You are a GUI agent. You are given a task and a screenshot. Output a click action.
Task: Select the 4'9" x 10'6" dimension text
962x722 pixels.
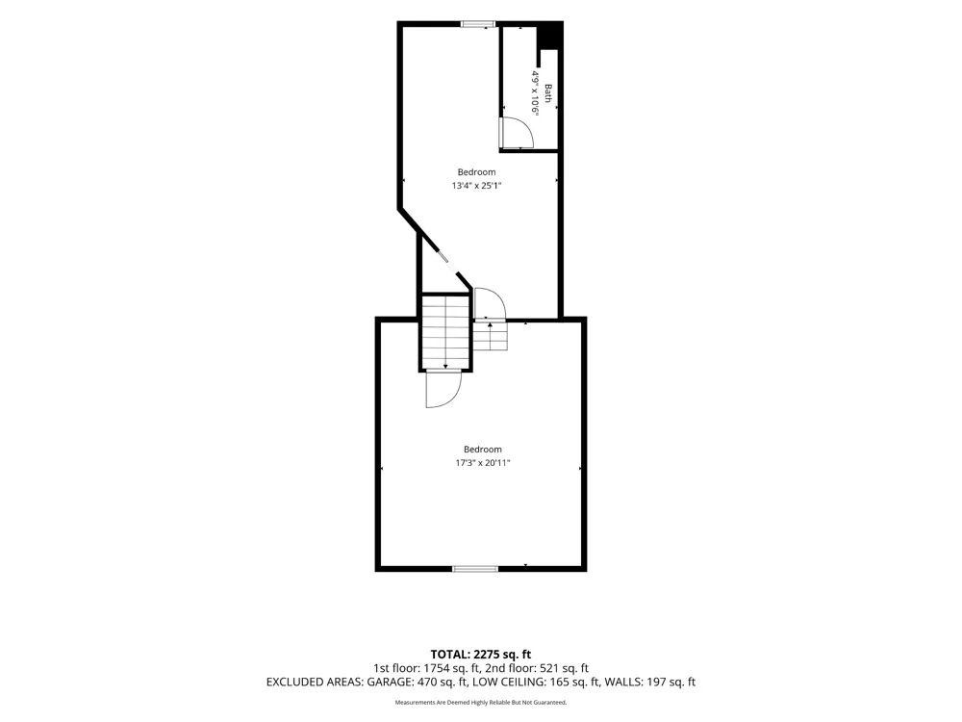click(536, 94)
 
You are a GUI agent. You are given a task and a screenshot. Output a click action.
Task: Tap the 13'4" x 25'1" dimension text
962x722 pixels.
click(477, 186)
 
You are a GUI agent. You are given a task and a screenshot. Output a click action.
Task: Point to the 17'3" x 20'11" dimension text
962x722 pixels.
click(482, 463)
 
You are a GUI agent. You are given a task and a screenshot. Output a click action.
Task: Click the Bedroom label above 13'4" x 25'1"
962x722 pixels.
click(477, 172)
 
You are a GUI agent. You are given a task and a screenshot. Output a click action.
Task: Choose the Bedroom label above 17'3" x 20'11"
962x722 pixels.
click(482, 450)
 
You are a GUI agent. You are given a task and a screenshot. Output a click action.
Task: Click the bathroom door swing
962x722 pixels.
click(517, 133)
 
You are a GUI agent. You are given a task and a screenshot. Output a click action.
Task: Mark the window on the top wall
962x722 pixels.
click(478, 24)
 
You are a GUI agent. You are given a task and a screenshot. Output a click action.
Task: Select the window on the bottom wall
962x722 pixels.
click(475, 569)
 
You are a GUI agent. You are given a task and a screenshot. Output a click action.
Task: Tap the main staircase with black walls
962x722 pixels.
click(445, 333)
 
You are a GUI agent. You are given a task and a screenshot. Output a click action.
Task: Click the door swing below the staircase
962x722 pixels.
click(443, 389)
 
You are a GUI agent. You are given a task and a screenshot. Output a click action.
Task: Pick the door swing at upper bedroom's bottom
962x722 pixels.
click(490, 304)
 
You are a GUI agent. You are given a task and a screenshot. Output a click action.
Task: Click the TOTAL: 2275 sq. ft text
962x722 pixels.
click(480, 654)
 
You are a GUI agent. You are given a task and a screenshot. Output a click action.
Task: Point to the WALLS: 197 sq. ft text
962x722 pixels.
click(650, 682)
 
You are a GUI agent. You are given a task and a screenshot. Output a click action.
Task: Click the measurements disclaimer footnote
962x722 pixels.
click(480, 702)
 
